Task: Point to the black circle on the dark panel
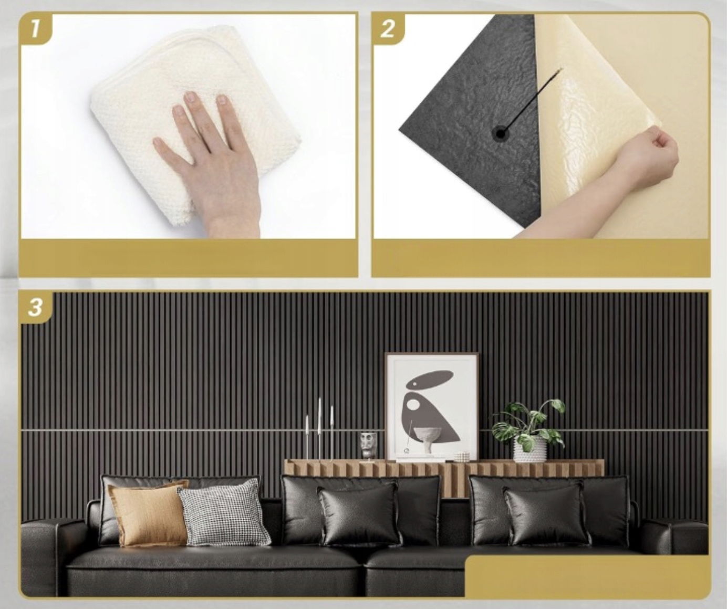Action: coord(500,133)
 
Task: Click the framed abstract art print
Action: coord(432,407)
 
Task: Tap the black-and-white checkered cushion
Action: coord(224,513)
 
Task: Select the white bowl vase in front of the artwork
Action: coord(427,440)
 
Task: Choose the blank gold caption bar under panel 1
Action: coord(189,258)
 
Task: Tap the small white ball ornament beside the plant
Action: coord(462,457)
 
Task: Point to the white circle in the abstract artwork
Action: coord(414,404)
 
